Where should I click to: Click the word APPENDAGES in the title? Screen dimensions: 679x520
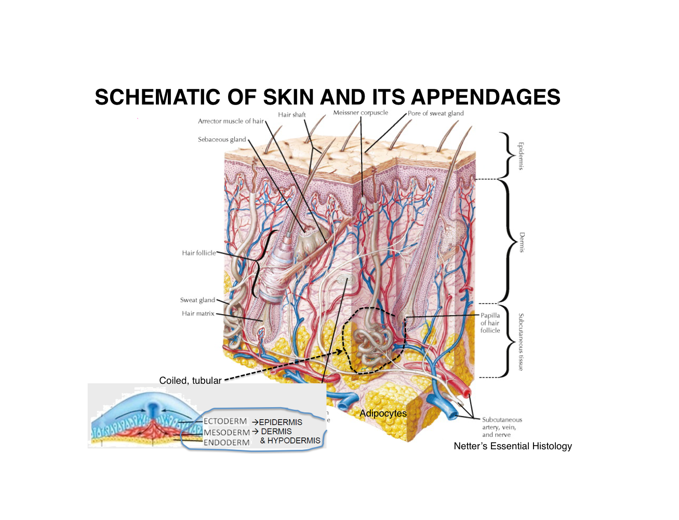pos(485,97)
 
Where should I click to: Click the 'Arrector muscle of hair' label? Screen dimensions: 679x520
pos(231,121)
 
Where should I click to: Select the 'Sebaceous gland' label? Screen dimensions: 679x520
pos(222,139)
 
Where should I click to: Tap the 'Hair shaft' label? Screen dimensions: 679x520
pos(291,115)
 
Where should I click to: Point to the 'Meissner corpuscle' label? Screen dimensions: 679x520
pos(361,113)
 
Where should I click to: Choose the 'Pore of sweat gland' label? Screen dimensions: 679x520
pos(435,113)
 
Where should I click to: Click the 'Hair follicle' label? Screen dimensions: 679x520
pos(198,253)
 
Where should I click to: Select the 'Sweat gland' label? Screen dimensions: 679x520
pos(197,300)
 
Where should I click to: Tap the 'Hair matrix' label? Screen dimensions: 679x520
pos(198,314)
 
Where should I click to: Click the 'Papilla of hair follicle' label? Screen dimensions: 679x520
pos(490,323)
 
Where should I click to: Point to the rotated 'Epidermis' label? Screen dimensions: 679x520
pos(521,156)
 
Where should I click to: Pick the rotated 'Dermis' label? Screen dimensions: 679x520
pos(522,242)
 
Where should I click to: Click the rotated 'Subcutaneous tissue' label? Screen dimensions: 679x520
pos(521,342)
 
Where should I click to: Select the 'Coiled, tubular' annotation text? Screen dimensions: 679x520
pos(190,381)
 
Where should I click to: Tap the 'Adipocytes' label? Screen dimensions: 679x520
pos(383,413)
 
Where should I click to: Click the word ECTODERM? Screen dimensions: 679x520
pos(225,421)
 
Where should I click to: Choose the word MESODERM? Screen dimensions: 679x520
pos(227,432)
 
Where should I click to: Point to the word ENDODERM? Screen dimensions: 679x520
pos(227,443)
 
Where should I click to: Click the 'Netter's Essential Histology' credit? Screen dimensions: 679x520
pos(513,446)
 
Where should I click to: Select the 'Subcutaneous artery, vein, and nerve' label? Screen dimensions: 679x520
pos(502,427)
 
